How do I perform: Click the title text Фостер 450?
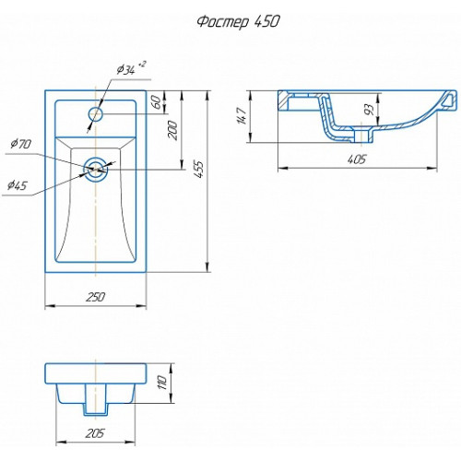tap(238, 22)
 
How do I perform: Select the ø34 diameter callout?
tap(126, 70)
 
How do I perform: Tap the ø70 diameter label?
tap(20, 144)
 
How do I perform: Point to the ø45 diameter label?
tap(18, 185)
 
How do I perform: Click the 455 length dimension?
tap(199, 169)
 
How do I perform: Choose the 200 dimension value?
tap(172, 130)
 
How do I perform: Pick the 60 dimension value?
tap(156, 102)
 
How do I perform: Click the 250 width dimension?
tap(96, 297)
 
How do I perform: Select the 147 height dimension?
tap(242, 116)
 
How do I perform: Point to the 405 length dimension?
tap(357, 160)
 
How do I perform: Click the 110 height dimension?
tap(162, 383)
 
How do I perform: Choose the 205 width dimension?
tap(95, 433)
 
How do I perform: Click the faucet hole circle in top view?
tap(96, 114)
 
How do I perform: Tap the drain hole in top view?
tap(96, 170)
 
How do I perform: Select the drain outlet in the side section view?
tap(363, 136)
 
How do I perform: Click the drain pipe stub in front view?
tap(96, 399)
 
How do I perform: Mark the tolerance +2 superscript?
tap(142, 65)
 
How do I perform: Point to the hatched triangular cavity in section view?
tap(450, 100)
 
